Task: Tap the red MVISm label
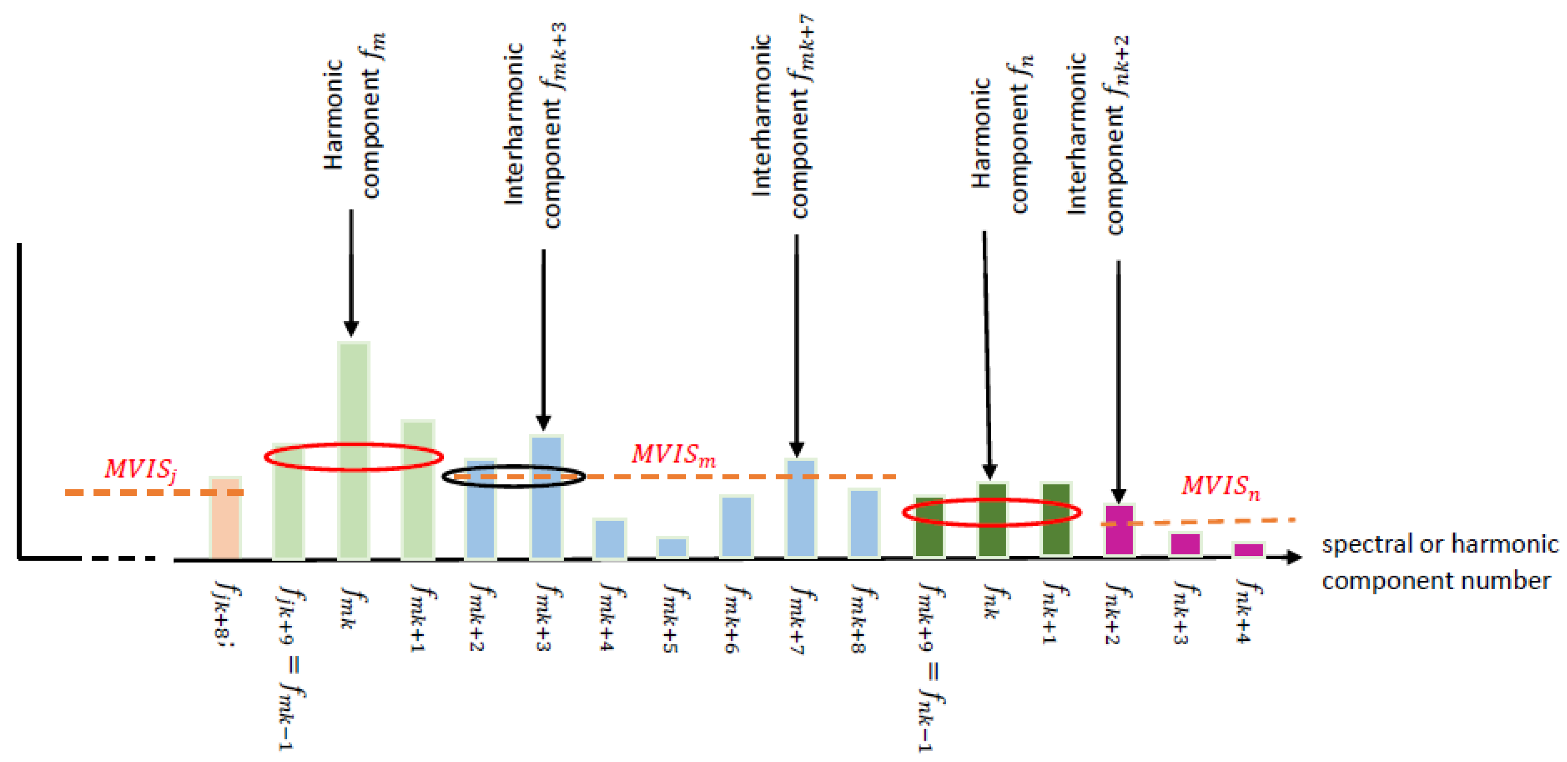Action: click(674, 455)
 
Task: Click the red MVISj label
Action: click(140, 470)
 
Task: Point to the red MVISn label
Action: click(1220, 486)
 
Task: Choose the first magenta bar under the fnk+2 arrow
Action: click(1119, 529)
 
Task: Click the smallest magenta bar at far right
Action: click(1248, 549)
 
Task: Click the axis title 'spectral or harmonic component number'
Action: click(1439, 562)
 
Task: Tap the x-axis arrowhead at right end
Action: click(1293, 556)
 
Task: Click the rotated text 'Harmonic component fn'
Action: click(1001, 137)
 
